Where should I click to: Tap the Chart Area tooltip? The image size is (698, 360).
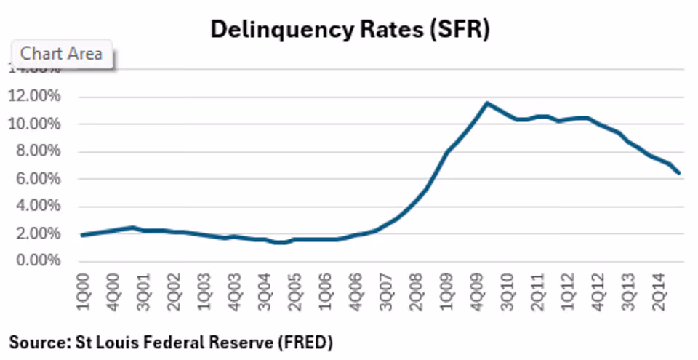coord(62,54)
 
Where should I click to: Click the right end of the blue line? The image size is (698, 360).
coord(679,174)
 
